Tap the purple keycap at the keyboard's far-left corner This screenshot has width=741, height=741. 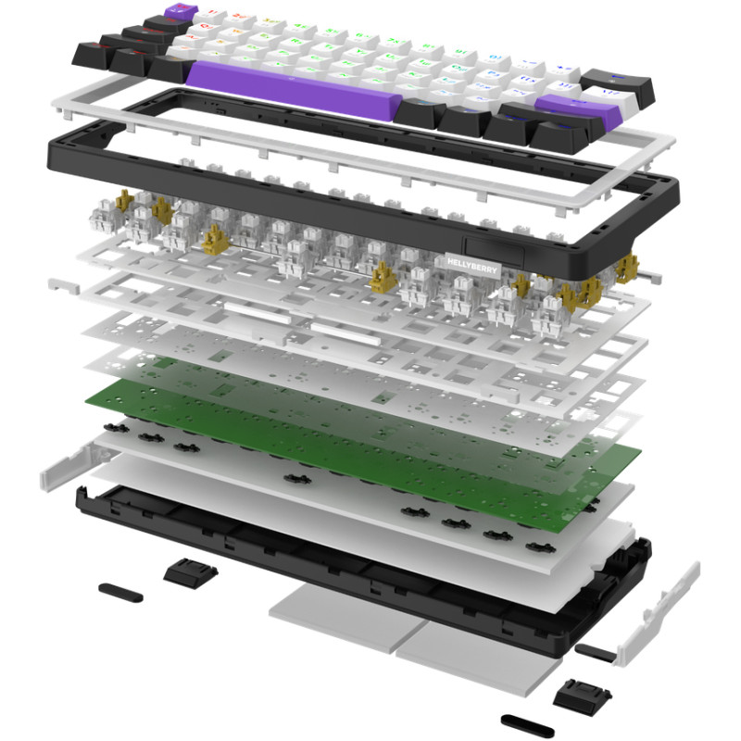pos(175,12)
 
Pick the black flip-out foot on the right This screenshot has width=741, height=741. pos(576,691)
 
